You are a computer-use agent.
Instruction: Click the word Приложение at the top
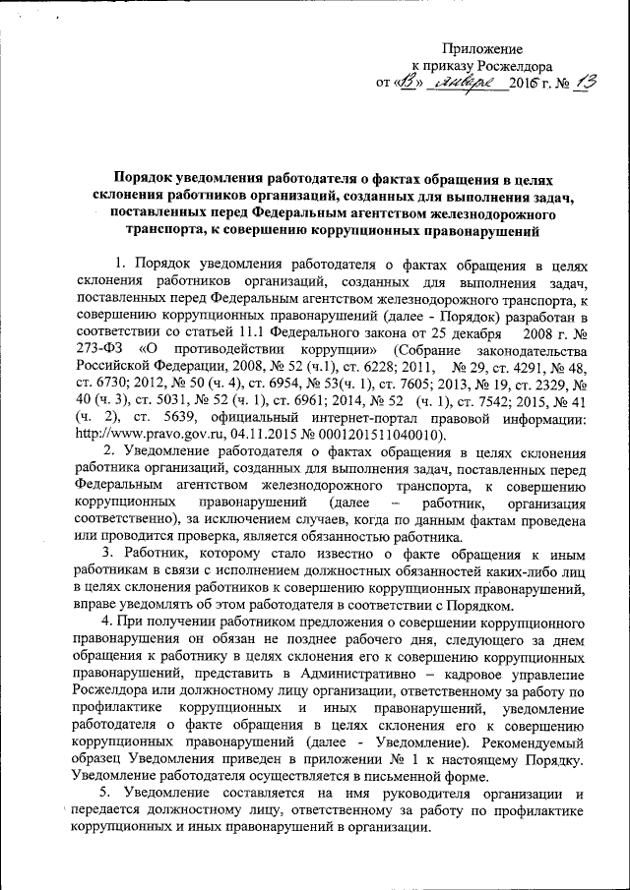(482, 48)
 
